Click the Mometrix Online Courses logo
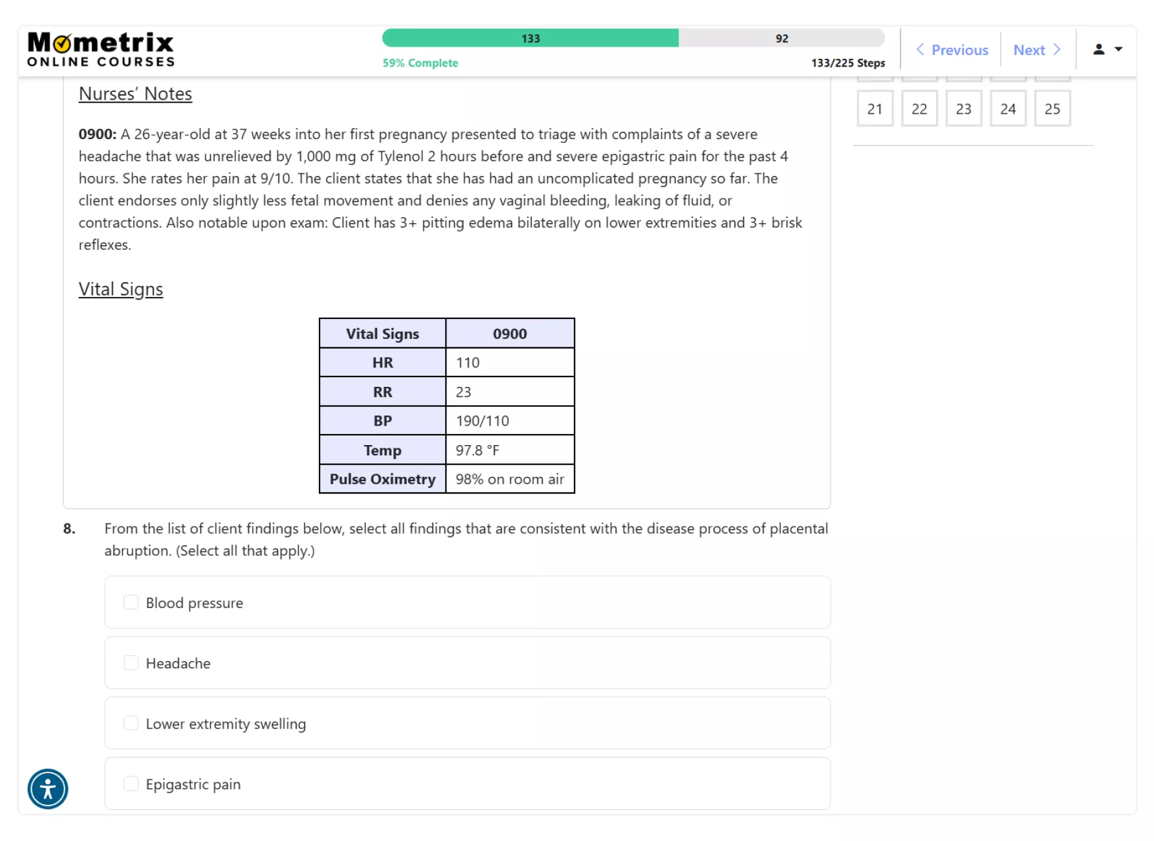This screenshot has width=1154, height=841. point(101,50)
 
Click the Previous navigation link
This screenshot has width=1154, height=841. point(952,50)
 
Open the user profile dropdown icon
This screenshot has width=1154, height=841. point(1107,49)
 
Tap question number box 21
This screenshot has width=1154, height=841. point(875,109)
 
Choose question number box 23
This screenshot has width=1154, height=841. point(963,109)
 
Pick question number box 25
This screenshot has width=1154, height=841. point(1052,109)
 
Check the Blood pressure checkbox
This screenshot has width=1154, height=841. point(131,602)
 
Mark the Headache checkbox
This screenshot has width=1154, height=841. point(131,663)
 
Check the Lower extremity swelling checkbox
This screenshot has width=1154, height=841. point(131,723)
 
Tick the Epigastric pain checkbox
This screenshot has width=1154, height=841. point(131,784)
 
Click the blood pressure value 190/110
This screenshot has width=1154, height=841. point(483,421)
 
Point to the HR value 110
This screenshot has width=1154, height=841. point(468,363)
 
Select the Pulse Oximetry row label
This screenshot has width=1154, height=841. point(382,479)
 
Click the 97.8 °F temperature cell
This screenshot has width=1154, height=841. point(477,450)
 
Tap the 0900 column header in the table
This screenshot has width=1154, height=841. point(510,334)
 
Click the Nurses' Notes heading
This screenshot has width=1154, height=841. point(135,94)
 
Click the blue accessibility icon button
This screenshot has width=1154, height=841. point(48,789)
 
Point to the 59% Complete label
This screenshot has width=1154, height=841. point(420,63)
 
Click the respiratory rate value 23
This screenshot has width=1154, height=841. point(464,392)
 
